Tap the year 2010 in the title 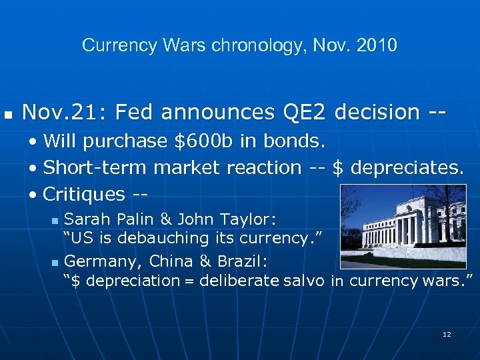click(x=376, y=45)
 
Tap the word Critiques click(x=83, y=195)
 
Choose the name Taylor click(x=249, y=219)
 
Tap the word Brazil click(x=243, y=261)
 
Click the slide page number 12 click(x=447, y=333)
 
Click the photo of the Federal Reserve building click(x=403, y=226)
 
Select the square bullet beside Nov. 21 click(x=8, y=114)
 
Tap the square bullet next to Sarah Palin click(x=55, y=221)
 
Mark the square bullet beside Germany click(x=55, y=262)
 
